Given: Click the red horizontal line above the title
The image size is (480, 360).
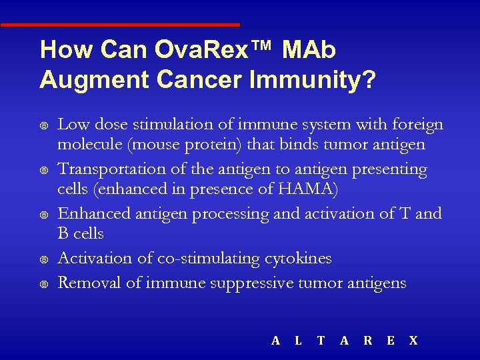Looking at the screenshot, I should tap(120, 25).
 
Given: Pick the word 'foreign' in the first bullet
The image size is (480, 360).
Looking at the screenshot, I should tap(418, 125).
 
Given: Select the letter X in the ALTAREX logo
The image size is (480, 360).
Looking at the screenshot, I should tap(413, 341).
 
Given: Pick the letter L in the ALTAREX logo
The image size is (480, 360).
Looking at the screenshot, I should tap(298, 341).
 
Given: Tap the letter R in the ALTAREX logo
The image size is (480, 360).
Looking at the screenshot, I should tap(367, 341).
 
